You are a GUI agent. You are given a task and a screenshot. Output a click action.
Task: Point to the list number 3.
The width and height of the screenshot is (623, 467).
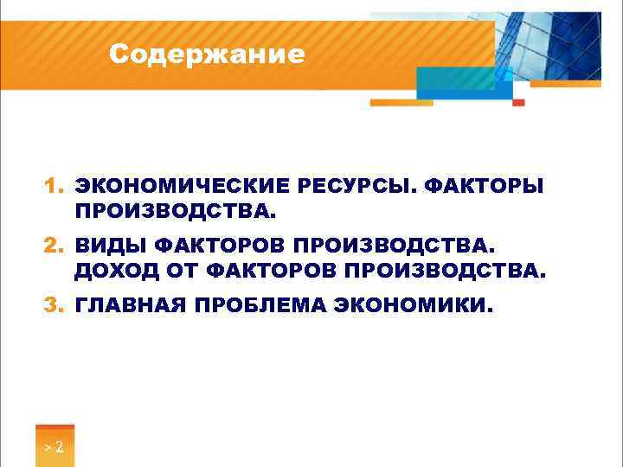click(54, 304)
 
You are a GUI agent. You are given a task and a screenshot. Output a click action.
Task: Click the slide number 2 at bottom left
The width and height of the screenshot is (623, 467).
click(59, 448)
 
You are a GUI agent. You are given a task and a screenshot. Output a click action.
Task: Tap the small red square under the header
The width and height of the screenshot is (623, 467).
click(518, 102)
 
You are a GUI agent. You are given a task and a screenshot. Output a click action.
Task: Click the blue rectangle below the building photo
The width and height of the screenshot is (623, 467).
click(457, 85)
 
